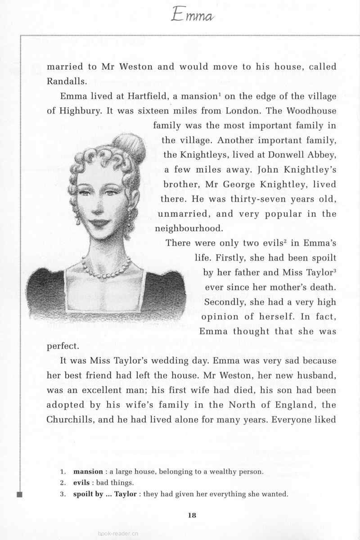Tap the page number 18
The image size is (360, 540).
click(x=192, y=516)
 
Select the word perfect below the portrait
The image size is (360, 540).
click(x=63, y=346)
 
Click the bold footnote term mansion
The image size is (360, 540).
click(x=88, y=472)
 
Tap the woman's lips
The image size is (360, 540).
click(x=101, y=223)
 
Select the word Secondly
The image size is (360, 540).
click(x=226, y=302)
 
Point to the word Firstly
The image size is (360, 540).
click(x=231, y=258)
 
